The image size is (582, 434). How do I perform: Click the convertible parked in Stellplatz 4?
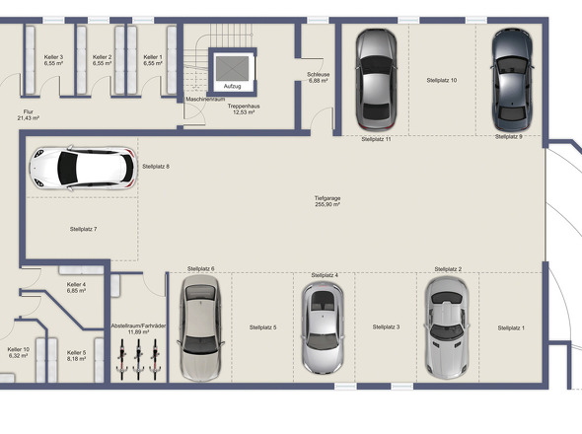(x=322, y=327)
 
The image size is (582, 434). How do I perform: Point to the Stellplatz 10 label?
(x=441, y=80)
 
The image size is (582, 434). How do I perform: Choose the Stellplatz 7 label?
(x=83, y=229)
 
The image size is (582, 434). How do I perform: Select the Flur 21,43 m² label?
(x=29, y=115)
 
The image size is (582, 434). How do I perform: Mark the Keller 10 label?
(x=19, y=352)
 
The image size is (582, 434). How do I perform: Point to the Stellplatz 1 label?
(x=510, y=327)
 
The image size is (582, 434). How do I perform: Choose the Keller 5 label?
(x=77, y=355)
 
